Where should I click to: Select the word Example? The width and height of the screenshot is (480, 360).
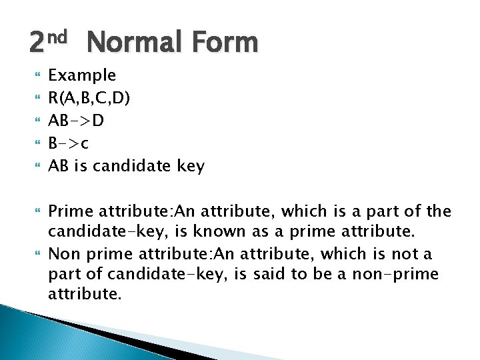82,75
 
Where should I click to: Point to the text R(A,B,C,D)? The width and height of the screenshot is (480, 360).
89,98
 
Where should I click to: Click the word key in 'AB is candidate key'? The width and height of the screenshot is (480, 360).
190,166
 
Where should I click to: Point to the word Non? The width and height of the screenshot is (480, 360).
63,253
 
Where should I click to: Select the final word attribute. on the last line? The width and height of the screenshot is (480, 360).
85,295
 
